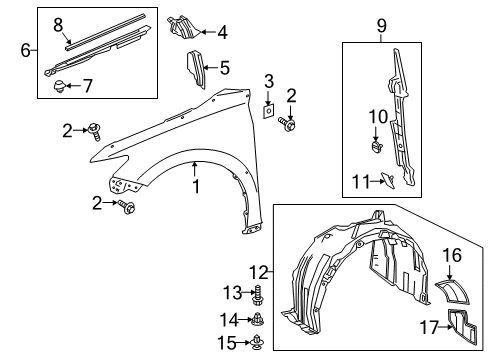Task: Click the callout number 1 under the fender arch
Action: [197, 186]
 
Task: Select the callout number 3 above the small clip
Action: [268, 80]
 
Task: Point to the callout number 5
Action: [224, 69]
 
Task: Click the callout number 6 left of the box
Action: [26, 48]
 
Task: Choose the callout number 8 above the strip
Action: [58, 22]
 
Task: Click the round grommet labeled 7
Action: [59, 87]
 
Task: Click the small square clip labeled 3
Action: [268, 109]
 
